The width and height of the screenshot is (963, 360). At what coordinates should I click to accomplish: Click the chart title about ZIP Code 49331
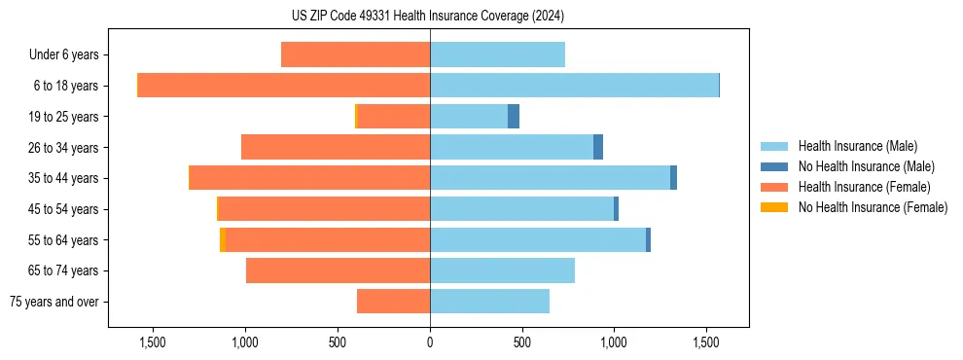429,17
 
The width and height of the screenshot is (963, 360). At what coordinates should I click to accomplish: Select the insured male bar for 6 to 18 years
574,86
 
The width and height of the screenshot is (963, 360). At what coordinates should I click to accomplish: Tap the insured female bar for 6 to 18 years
284,86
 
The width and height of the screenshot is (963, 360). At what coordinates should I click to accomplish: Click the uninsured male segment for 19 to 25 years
514,117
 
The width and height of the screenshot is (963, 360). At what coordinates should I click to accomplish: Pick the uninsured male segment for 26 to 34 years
598,147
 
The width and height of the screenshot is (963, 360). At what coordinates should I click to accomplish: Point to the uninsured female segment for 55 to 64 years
223,239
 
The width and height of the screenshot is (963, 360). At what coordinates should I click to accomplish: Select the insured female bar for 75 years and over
393,302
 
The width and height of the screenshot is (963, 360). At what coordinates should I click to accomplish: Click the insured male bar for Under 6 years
497,54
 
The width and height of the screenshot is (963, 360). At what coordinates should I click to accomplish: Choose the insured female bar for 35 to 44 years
310,178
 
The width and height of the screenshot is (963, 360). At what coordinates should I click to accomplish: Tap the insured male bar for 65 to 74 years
502,270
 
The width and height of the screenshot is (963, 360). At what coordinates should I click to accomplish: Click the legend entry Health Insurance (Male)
857,147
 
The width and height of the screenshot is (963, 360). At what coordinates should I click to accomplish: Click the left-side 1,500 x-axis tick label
154,342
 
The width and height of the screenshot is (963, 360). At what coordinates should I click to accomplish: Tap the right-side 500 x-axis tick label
521,342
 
